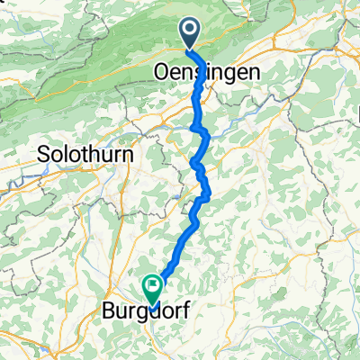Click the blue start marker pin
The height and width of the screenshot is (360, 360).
[x=192, y=34]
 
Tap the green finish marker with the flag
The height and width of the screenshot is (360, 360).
[x=152, y=289]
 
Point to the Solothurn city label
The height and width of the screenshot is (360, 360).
[x=86, y=155]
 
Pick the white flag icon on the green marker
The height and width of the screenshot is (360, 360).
[x=152, y=287]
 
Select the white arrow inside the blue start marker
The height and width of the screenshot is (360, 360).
[x=192, y=32]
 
